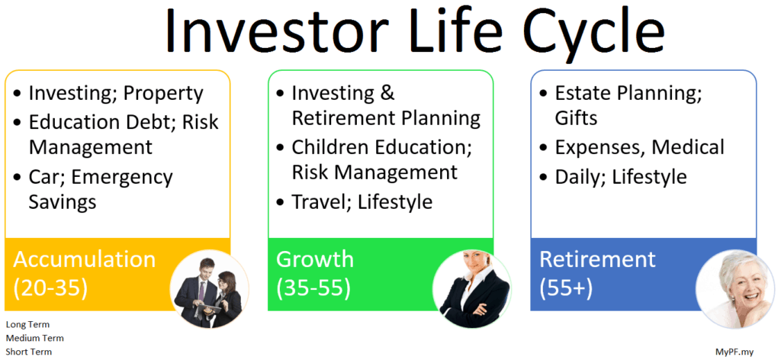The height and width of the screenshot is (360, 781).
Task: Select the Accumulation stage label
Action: [x=85, y=260]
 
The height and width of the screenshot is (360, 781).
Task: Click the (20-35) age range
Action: [x=50, y=288]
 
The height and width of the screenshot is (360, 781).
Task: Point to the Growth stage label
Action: [x=315, y=259]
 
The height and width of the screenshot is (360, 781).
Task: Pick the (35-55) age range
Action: [x=313, y=288]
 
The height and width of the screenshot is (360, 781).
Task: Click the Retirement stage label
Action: [x=598, y=259]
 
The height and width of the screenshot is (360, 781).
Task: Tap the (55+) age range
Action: [x=566, y=288]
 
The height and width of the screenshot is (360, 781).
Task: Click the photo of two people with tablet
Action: [x=208, y=289]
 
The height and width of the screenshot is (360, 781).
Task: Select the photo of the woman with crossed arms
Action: [x=471, y=289]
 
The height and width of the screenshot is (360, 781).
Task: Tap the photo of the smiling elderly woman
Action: [x=734, y=289]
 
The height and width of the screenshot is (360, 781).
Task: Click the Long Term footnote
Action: [x=28, y=325]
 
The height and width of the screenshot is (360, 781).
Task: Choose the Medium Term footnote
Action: [x=35, y=339]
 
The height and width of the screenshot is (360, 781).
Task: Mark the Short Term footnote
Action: [x=29, y=352]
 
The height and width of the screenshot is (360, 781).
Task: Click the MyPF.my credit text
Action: [x=734, y=352]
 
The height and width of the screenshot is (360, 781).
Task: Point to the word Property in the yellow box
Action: [x=163, y=94]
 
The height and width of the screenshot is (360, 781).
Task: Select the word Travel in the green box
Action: [x=320, y=201]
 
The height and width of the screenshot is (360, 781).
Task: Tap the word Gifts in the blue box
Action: [x=577, y=118]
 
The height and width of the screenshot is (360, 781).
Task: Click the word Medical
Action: [x=689, y=147]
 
